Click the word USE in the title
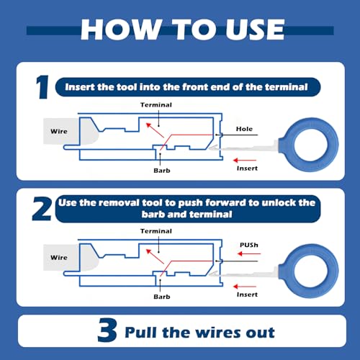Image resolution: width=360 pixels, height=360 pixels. (255, 30)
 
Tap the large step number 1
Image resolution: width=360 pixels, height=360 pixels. (42, 87)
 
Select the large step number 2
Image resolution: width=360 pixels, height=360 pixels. (42, 209)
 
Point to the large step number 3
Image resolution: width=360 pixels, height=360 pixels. (107, 330)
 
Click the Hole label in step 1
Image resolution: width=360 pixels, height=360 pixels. (244, 129)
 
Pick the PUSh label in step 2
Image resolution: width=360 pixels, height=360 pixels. (249, 245)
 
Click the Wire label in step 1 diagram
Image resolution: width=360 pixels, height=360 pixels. (59, 132)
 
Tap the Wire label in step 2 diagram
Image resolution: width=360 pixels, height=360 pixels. (59, 258)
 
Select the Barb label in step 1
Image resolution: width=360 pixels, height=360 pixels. (162, 171)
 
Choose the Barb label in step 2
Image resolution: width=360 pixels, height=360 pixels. (162, 297)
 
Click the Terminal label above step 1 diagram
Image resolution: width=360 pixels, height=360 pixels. (156, 105)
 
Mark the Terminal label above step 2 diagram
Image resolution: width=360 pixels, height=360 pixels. (156, 231)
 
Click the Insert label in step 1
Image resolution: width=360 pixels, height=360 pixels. (247, 168)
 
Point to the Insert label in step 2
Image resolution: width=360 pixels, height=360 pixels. (247, 294)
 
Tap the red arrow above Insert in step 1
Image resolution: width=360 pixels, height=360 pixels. (245, 160)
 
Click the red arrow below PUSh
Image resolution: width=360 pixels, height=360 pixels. (249, 253)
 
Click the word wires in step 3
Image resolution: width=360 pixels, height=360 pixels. (216, 333)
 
